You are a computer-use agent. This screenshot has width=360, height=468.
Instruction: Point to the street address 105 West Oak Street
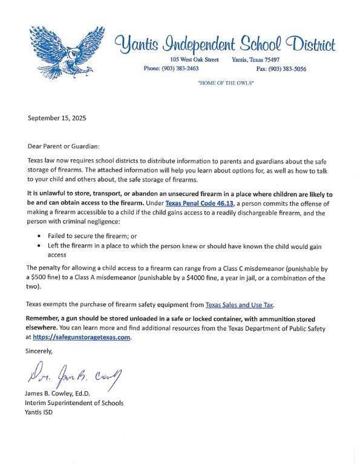pyautogui.click(x=194, y=59)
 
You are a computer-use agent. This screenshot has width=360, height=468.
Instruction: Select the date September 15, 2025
pyautogui.click(x=57, y=118)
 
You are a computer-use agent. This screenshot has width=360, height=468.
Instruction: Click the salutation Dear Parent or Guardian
pyautogui.click(x=64, y=146)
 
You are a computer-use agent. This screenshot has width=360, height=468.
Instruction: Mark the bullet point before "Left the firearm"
pyautogui.click(x=40, y=246)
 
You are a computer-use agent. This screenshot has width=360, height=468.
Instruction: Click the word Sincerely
pyautogui.click(x=39, y=351)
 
